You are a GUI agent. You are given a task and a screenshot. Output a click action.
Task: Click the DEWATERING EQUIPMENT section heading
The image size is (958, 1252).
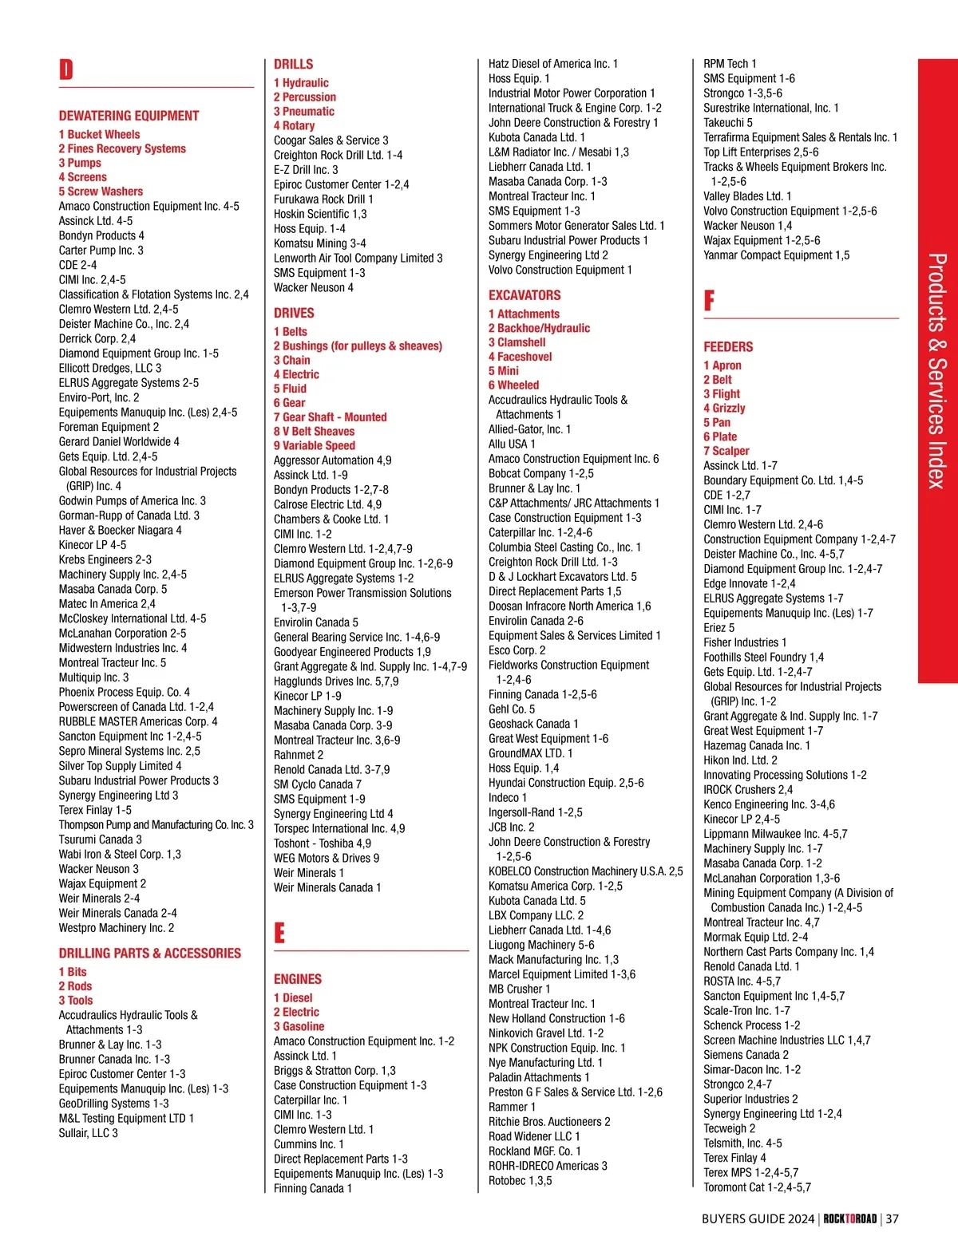(x=129, y=116)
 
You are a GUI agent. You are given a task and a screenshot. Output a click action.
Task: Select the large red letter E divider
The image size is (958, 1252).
(x=279, y=933)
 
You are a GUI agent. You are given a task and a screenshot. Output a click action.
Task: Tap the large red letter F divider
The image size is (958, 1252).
(x=709, y=301)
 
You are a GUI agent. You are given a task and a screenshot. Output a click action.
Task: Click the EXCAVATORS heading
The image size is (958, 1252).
(x=525, y=295)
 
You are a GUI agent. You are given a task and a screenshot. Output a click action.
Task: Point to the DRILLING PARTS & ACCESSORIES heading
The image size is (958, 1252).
(x=149, y=954)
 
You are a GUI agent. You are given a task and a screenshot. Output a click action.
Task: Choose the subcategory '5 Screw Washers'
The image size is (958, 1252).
(x=101, y=192)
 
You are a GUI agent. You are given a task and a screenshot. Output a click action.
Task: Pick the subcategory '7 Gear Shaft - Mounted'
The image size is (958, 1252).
(x=330, y=417)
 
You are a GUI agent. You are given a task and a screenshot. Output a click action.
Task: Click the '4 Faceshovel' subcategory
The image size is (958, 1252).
(x=520, y=357)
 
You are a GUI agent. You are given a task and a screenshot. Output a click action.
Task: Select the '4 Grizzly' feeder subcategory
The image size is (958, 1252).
(x=724, y=409)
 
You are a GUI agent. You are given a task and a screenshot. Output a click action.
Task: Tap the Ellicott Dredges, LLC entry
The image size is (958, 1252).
(x=109, y=368)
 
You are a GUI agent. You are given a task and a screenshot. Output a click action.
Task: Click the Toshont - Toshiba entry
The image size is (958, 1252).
(x=322, y=843)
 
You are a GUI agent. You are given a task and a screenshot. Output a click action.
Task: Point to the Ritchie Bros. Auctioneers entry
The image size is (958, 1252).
(x=549, y=1122)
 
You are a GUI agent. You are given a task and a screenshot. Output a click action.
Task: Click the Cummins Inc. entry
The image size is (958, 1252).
(x=308, y=1144)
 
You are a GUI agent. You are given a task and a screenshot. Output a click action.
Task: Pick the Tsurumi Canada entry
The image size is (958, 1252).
(x=100, y=839)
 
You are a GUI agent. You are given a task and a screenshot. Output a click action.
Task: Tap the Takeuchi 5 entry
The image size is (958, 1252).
(x=727, y=123)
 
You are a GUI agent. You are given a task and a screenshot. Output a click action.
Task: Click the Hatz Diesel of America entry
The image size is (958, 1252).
(x=552, y=64)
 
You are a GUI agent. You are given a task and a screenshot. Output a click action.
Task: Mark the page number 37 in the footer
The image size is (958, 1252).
(x=892, y=1219)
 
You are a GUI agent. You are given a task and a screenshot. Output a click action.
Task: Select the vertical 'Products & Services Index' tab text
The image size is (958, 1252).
(x=937, y=371)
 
